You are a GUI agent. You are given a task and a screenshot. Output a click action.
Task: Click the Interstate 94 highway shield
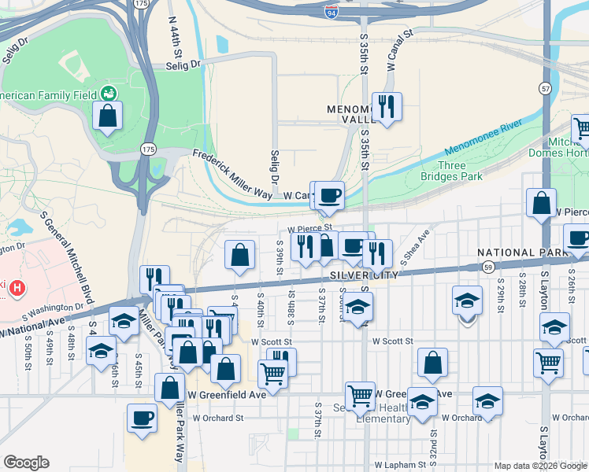pyautogui.click(x=332, y=10)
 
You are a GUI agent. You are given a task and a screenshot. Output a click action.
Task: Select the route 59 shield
pyautogui.click(x=489, y=268)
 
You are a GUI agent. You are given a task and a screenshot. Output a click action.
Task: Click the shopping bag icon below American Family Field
pyautogui.click(x=107, y=116)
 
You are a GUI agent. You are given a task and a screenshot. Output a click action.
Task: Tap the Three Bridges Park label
pyautogui.click(x=460, y=171)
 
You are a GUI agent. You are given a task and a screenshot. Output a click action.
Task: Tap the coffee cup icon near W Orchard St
pyautogui.click(x=142, y=418)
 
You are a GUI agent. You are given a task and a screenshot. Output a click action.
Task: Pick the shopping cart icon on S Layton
pyautogui.click(x=548, y=363)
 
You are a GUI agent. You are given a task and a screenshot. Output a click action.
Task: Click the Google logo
pyautogui.click(x=26, y=463)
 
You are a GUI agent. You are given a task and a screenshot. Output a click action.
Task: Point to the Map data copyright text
pyautogui.click(x=540, y=466)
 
